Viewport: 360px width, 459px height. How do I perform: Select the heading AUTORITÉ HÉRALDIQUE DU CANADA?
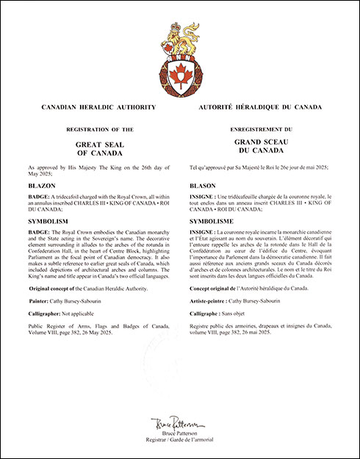pos(261,107)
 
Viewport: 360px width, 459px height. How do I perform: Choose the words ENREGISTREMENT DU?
pos(260,129)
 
